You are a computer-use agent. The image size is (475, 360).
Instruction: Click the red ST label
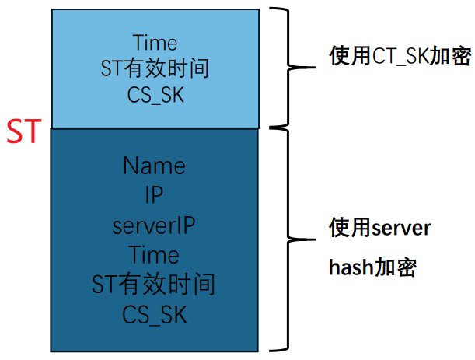[x=24, y=131]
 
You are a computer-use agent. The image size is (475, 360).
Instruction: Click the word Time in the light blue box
[x=155, y=43]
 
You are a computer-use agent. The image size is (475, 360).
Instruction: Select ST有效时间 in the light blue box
[x=155, y=68]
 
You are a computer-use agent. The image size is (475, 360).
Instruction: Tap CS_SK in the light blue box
[x=155, y=96]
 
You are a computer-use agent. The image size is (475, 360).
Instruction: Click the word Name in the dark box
[x=154, y=166]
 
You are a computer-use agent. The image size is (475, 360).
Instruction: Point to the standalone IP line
[x=154, y=194]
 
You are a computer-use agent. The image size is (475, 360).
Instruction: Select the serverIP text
[x=154, y=225]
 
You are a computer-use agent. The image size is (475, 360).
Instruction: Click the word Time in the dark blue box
[x=154, y=254]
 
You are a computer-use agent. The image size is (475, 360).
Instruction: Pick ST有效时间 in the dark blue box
[x=153, y=285]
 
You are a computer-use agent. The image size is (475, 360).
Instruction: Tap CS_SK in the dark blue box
[x=155, y=315]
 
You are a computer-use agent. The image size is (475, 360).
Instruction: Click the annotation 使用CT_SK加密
[x=400, y=56]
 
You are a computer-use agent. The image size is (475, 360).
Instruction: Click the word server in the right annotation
[x=401, y=229]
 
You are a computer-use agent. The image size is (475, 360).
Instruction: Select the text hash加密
[x=372, y=267]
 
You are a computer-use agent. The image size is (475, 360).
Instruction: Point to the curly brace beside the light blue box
[x=287, y=67]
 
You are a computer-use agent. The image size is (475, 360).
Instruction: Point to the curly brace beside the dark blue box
[x=287, y=239]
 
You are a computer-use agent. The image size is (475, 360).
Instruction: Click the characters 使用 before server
[x=350, y=228]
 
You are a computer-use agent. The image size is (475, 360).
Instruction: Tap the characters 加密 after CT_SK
[x=450, y=56]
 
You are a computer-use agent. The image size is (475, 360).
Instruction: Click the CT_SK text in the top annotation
[x=400, y=56]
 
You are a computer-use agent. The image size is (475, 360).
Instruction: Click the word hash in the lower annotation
[x=351, y=267]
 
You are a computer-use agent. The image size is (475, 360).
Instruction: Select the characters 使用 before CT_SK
[x=350, y=56]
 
